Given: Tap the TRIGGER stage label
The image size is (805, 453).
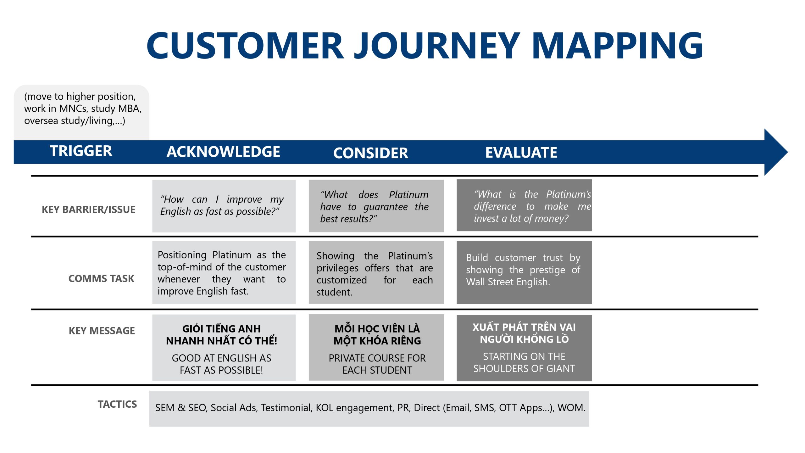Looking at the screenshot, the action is coord(81,151).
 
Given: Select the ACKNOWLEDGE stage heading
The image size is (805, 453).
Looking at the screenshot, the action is coord(223,152).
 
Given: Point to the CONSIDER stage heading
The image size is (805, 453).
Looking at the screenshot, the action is coord(371,153).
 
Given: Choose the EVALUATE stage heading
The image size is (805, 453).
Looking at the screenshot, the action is coord(521,153).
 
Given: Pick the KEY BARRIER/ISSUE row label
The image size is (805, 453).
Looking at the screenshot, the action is coord(88,210).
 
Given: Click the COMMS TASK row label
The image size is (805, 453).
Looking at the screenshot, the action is coord(101,278).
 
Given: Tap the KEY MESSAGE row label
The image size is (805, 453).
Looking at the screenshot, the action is coord(102,331).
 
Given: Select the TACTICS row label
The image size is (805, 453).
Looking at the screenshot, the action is coord(117,404).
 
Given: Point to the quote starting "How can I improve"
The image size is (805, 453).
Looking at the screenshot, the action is coord(222,205).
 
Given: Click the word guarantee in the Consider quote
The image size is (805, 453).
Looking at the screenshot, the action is coord(386,207).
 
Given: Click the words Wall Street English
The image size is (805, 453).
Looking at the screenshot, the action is coord(508,282).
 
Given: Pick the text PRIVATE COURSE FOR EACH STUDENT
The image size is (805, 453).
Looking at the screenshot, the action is coord(377,364).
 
